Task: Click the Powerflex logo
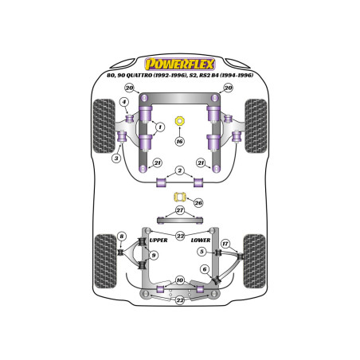180,65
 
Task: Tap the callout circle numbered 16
180,141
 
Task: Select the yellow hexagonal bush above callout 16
180,121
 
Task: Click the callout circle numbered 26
198,203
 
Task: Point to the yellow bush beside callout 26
180,197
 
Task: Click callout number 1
160,127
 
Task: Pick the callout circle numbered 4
124,102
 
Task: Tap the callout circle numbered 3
116,158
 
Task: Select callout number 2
180,170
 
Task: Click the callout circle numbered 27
180,210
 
